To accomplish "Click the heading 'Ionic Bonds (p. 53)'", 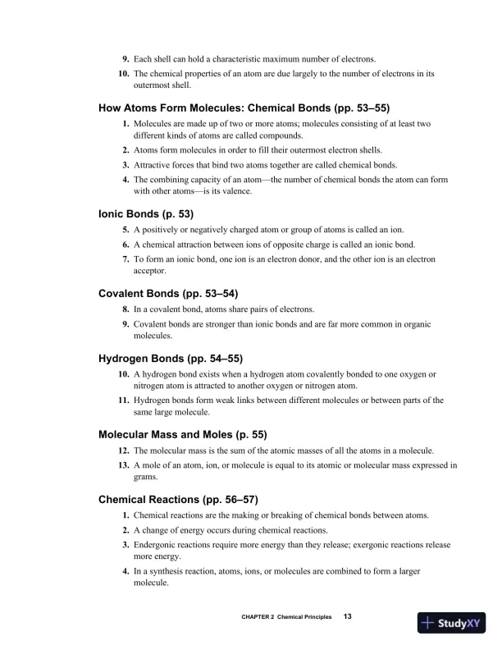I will pos(146,213).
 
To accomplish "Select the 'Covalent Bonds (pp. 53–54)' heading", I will pos(168,292).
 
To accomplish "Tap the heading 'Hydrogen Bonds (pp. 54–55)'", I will pos(171,358).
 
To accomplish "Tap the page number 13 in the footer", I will pos(348,617).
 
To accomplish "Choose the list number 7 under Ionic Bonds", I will pos(126,259).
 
